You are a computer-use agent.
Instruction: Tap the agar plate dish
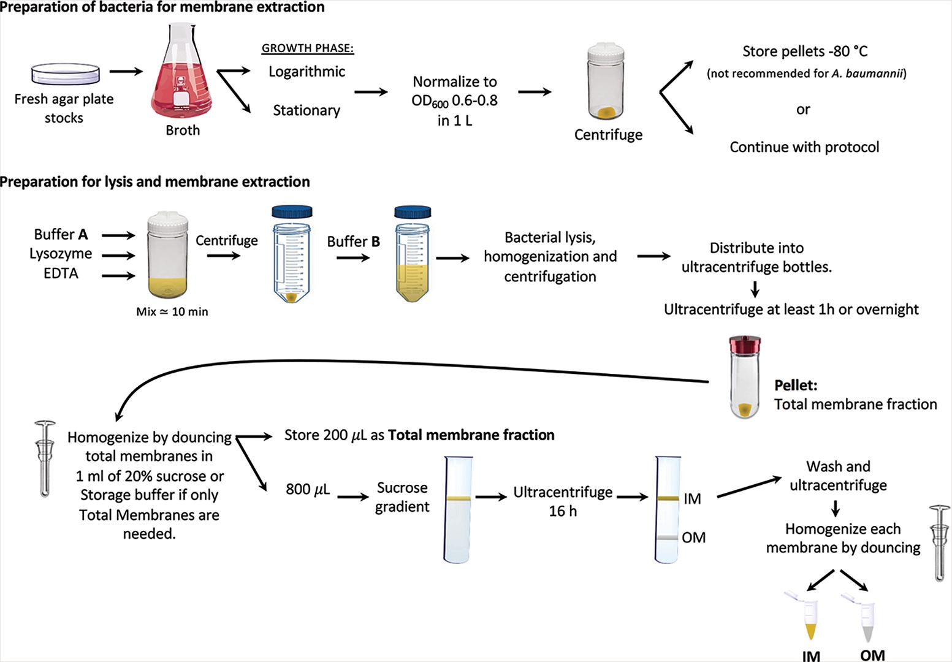(x=64, y=74)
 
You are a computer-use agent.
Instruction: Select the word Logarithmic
(x=307, y=72)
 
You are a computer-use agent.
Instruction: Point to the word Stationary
(x=307, y=110)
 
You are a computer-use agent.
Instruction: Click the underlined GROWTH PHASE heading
(x=308, y=48)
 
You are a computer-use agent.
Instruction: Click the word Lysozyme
(x=61, y=254)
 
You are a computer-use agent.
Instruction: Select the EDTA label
(x=61, y=273)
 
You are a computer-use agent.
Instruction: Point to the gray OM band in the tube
(x=668, y=538)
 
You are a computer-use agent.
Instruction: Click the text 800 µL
(x=308, y=489)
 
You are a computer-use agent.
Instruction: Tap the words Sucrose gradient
(x=402, y=497)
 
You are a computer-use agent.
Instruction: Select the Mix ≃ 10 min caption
(x=172, y=311)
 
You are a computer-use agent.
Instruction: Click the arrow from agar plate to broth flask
(x=126, y=72)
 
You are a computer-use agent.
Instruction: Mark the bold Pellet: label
(x=796, y=386)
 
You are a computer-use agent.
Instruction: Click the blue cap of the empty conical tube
(x=292, y=212)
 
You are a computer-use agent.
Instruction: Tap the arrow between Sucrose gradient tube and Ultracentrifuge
(x=491, y=496)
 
